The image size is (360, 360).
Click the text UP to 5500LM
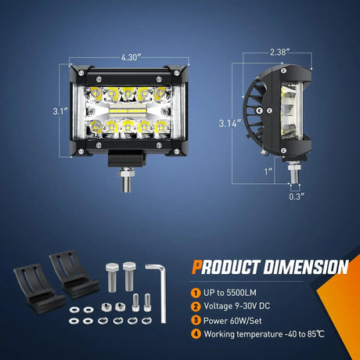[x=224, y=291]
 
